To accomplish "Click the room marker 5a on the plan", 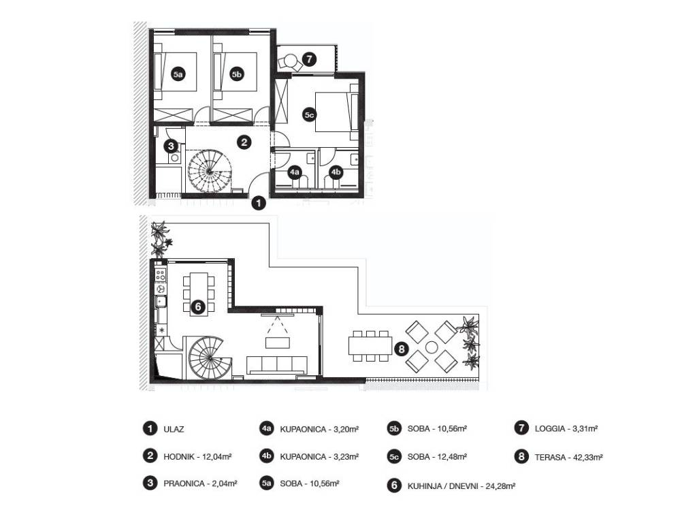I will [178, 76].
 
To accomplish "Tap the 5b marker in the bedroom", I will [237, 76].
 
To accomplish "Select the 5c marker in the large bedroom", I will [309, 115].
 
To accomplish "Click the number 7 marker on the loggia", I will [309, 59].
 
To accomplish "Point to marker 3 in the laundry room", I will [172, 145].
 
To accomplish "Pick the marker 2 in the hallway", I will [244, 142].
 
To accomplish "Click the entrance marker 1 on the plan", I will [258, 202].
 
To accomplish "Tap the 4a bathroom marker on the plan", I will [295, 173].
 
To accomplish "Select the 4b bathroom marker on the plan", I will [336, 173].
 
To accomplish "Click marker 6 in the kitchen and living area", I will [198, 307].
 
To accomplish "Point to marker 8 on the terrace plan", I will [401, 349].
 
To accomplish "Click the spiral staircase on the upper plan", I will [210, 172].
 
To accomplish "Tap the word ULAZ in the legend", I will [174, 429].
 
